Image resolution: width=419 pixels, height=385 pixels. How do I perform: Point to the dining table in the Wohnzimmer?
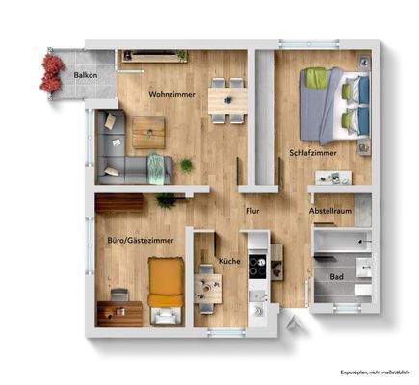228,98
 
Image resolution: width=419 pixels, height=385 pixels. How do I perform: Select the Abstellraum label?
333,210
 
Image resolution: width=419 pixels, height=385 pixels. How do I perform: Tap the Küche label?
229,261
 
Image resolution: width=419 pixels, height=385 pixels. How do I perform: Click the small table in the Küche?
207,286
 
